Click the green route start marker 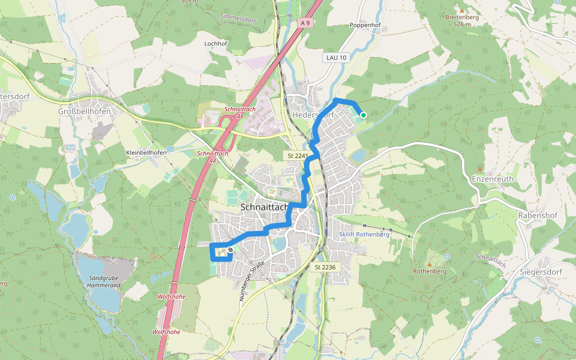pos(363,115)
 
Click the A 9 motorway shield pos(305,23)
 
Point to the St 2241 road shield pos(298,155)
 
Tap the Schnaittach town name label pos(265,206)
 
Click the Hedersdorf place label pos(312,115)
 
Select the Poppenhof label pos(364,25)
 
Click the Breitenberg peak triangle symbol pos(462,10)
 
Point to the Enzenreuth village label pos(493,179)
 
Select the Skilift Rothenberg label pos(364,234)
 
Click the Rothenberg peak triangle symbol pos(430,263)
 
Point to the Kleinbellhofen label pos(146,152)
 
